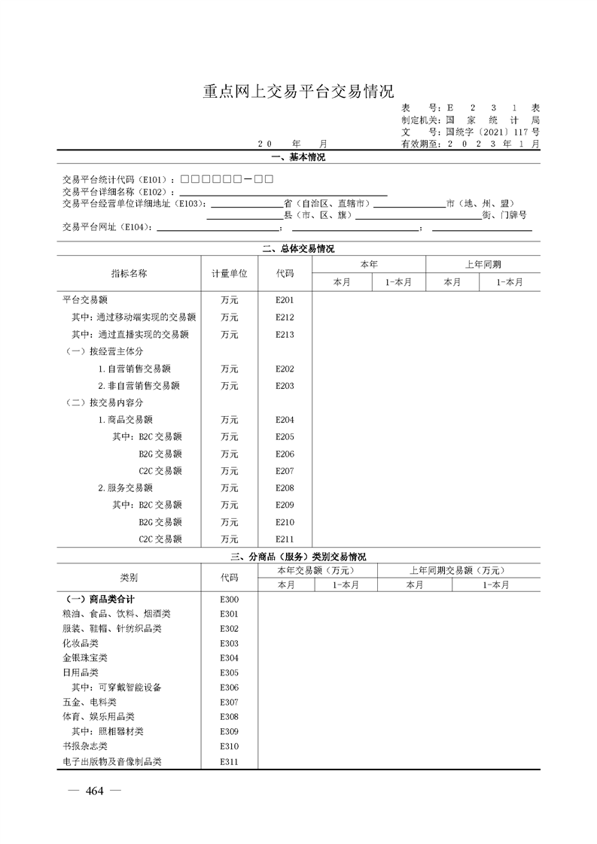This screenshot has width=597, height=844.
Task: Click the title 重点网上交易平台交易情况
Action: coord(298,92)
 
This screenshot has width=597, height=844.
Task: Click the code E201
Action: coord(285,300)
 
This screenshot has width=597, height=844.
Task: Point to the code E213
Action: coord(285,335)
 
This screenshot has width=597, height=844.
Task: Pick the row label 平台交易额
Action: coord(84,300)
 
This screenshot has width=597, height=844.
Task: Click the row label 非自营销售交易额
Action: coord(139,386)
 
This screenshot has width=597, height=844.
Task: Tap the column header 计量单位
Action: coord(229,274)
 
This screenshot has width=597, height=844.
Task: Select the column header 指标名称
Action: coord(129,274)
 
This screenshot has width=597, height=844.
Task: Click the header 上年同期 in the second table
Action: coord(483,265)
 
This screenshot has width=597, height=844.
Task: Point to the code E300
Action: coord(229,600)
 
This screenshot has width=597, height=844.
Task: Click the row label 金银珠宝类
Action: coord(81,658)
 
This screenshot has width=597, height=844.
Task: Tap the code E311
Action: coord(229,762)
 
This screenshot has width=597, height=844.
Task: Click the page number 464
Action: coord(94,791)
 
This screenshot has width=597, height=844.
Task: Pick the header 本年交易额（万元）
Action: coord(317,570)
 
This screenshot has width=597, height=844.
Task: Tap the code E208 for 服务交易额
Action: coord(285,488)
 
